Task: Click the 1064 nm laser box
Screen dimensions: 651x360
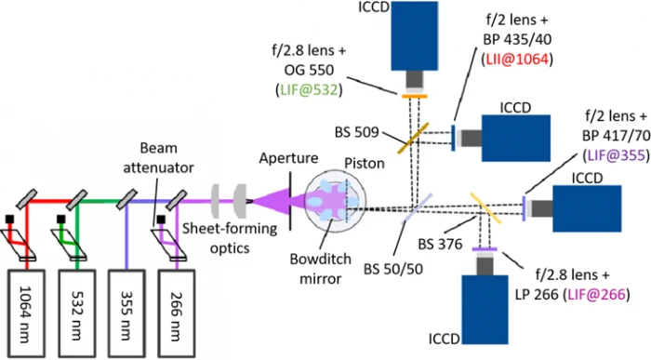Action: click(26, 313)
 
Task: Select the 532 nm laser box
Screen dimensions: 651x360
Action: click(77, 313)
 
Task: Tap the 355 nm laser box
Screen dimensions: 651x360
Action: click(126, 313)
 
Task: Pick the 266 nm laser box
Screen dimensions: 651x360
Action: click(177, 313)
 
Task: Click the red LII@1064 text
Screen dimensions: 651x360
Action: click(517, 60)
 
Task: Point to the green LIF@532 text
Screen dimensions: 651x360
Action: click(310, 89)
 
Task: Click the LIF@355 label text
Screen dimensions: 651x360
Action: click(616, 155)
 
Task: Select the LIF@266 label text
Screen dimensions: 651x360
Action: click(596, 294)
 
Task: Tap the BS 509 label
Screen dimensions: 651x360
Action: click(356, 132)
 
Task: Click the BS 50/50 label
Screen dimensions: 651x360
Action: click(393, 269)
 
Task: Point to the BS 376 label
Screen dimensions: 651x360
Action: click(440, 245)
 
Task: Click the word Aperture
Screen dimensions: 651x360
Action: click(288, 158)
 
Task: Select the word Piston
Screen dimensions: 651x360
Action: click(365, 163)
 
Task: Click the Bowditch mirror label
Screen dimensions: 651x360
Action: click(320, 268)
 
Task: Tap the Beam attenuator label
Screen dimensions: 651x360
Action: click(159, 158)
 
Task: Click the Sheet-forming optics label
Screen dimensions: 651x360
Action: click(230, 238)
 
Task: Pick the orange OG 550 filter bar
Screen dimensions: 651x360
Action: click(415, 97)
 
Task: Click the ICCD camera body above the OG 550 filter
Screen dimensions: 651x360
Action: click(415, 36)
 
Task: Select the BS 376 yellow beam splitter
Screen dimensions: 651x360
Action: click(485, 207)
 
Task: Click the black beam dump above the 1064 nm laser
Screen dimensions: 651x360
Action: click(9, 219)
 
